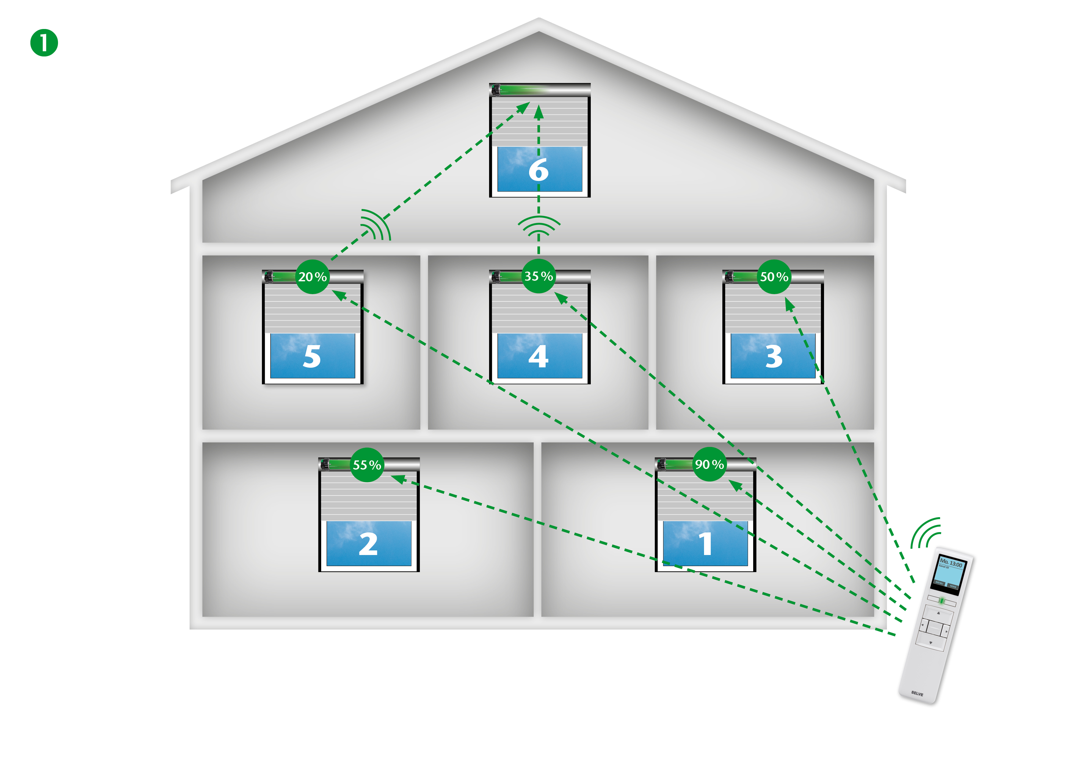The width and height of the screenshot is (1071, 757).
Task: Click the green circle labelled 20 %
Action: click(313, 277)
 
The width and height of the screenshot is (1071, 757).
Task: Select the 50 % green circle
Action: click(774, 277)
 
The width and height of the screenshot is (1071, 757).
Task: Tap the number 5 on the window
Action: click(312, 357)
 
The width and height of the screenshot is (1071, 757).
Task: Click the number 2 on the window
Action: click(368, 544)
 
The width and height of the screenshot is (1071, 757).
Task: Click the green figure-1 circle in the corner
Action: click(44, 43)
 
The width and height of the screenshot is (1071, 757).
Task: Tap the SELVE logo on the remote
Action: click(917, 694)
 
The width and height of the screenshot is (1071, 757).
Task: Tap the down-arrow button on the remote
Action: click(931, 643)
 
